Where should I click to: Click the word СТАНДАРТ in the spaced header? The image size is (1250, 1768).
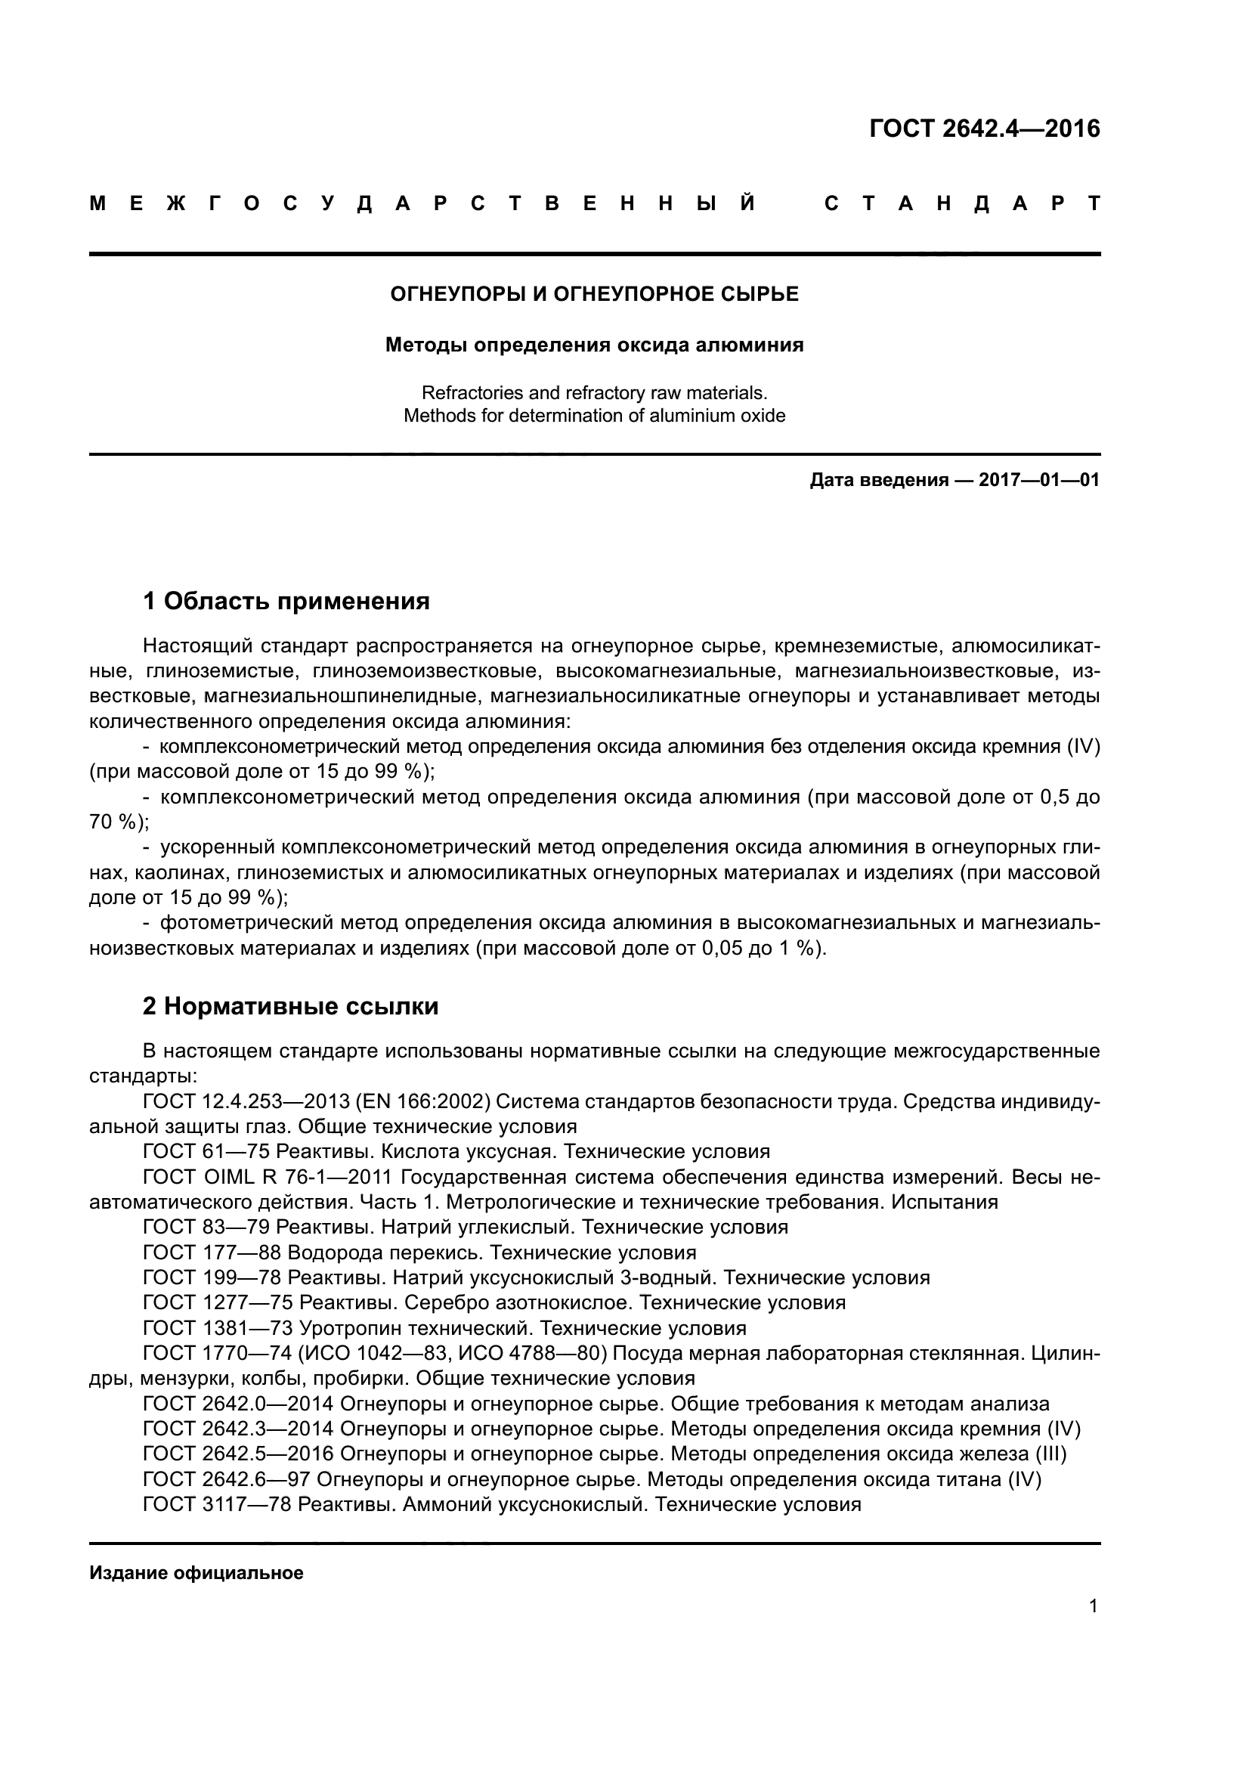coord(961,204)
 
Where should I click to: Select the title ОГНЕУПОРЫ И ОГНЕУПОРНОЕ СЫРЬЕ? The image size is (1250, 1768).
coord(594,294)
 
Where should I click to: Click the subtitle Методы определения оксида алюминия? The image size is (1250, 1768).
coord(594,345)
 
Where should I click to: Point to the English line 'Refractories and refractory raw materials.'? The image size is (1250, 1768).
coord(594,393)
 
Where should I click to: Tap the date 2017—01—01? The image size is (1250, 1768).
coord(1038,481)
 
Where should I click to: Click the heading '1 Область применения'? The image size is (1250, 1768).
coord(286,601)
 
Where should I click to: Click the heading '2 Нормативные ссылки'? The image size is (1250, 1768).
coord(290,1005)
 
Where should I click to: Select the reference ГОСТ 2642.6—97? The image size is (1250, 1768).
coord(226,1479)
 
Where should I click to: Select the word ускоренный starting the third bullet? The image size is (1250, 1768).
coord(218,847)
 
